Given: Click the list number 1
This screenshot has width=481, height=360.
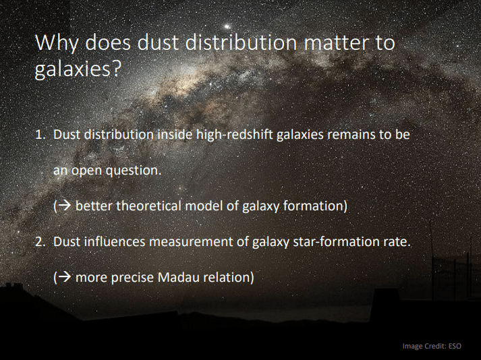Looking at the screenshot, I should click(39, 134).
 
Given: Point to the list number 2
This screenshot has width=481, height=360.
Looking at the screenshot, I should click(40, 241).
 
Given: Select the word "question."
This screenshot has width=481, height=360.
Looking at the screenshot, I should click(133, 170).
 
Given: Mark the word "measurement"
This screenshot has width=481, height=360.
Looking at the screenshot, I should click(189, 241).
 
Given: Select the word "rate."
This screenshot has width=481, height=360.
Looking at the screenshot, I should click(396, 241).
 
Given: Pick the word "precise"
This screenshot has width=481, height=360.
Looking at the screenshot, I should click(134, 276).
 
